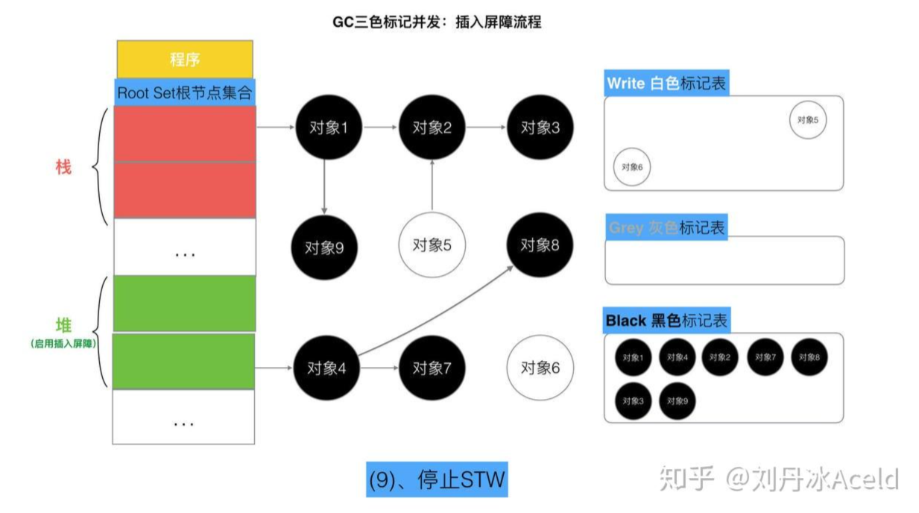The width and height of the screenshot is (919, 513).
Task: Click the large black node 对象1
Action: coord(329,128)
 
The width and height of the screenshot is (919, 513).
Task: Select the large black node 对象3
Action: coord(540,128)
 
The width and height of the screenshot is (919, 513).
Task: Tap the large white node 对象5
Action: coord(432,245)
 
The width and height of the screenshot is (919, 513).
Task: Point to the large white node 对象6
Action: coord(540,368)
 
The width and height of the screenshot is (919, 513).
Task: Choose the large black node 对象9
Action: coord(324,248)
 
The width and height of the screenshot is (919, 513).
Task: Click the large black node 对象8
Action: coord(540,245)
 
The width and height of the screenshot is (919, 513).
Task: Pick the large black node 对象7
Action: coord(432,368)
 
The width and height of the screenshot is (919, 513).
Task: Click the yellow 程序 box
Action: coord(185,59)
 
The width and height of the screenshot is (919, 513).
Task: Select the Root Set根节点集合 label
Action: coord(185,92)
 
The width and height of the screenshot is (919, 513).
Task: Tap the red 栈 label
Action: coord(63,167)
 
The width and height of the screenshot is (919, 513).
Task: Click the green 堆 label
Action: coord(63,325)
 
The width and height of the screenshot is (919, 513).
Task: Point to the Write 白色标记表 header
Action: coord(666,84)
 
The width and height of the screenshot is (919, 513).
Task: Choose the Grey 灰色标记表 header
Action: coord(666,227)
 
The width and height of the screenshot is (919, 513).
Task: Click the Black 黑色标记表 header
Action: coord(666,321)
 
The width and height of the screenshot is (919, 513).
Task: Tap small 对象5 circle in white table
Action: coord(808,120)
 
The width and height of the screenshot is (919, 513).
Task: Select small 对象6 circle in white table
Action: coord(632,167)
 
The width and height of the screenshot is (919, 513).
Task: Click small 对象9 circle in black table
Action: coord(677,401)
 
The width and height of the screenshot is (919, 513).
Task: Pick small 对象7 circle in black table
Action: coord(765,357)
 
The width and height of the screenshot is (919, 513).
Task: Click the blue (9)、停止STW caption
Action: coord(437,479)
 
